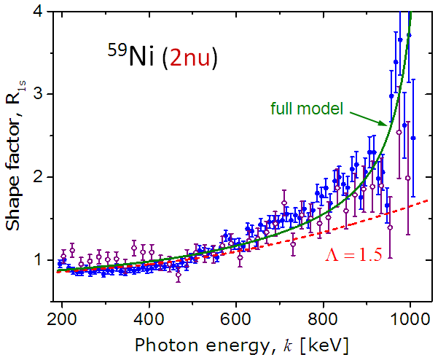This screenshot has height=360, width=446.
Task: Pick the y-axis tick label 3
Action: [x=44, y=94]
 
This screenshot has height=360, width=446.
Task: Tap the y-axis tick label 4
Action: [x=44, y=11]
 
